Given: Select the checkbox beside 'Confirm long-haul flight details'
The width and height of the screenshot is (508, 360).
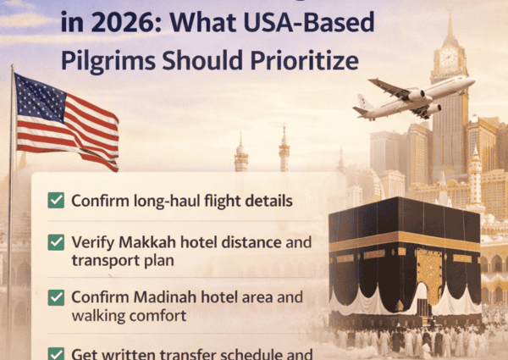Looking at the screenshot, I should pyautogui.click(x=56, y=201).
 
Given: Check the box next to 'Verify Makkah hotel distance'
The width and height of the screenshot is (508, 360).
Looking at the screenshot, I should pyautogui.click(x=56, y=242).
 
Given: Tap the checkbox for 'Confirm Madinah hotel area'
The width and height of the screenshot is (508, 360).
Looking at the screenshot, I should pyautogui.click(x=56, y=297).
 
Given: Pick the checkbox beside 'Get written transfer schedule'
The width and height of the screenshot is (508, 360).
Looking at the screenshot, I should pyautogui.click(x=56, y=352).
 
